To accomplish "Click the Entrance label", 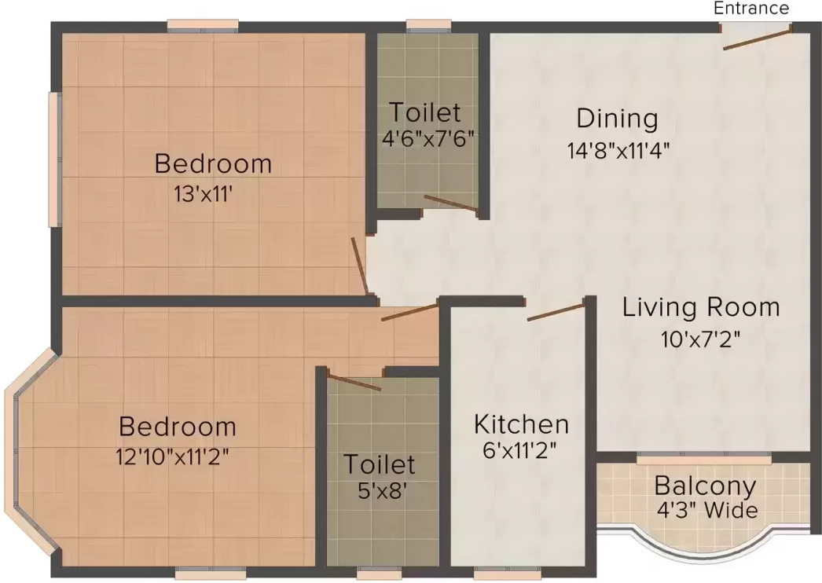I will [750, 9].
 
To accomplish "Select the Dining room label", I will [617, 119].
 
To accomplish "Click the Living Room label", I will [701, 307].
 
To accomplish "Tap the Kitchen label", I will [521, 424].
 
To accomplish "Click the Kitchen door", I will [556, 310].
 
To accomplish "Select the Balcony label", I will [705, 486].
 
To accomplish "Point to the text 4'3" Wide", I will [707, 511].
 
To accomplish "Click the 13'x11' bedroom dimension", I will [204, 194].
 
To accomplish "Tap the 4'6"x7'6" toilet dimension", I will [427, 139].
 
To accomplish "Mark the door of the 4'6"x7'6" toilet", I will [450, 203].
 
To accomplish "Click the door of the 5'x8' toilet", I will [354, 383].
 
